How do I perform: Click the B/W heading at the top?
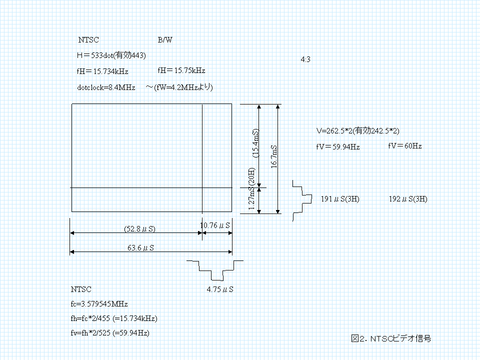click(165, 40)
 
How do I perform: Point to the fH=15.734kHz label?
click(102, 71)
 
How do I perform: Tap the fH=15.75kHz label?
click(181, 70)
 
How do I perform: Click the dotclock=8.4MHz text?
click(106, 87)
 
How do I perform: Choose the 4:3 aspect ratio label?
click(306, 59)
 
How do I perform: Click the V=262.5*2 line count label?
click(357, 130)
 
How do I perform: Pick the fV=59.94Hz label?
click(337, 147)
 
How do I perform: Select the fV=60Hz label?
click(404, 146)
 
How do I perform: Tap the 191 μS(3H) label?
click(340, 199)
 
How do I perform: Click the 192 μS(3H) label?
click(408, 199)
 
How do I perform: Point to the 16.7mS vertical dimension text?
click(274, 157)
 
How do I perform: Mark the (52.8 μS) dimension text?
click(139, 229)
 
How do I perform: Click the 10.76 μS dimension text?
click(215, 225)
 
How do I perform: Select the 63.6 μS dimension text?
click(140, 247)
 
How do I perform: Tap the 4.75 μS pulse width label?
click(220, 289)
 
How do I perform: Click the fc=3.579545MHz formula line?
click(99, 303)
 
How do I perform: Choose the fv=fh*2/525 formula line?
click(110, 332)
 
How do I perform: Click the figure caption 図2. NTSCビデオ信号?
click(391, 338)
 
